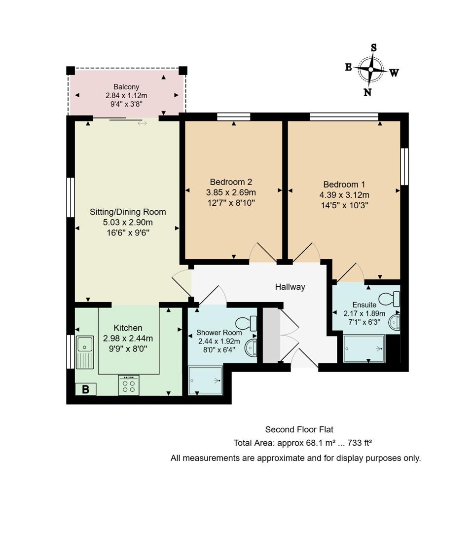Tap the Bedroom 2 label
tap(231, 182)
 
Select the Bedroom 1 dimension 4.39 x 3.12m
tap(344, 194)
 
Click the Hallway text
tap(290, 287)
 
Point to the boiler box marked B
tap(85, 389)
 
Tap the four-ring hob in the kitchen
tap(129, 385)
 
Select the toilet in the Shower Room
tap(247, 323)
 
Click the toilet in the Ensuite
tap(389, 299)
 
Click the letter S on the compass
tap(374, 47)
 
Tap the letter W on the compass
tap(394, 73)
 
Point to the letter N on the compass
tap(367, 92)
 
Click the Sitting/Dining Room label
tap(128, 212)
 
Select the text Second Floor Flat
tap(295, 429)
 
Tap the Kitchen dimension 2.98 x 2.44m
tap(128, 338)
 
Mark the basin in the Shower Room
tap(252, 347)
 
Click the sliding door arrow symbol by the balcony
tap(142, 123)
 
